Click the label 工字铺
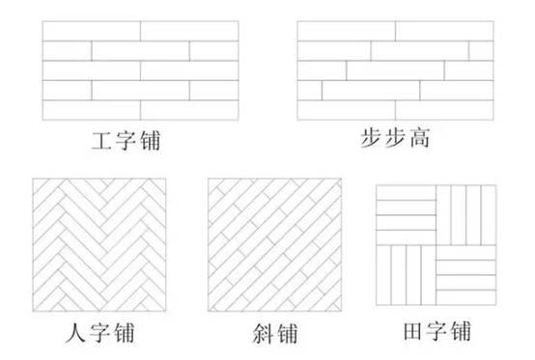click(x=121, y=144)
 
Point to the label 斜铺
click(x=272, y=334)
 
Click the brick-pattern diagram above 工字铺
click(x=140, y=70)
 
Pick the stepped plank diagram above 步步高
click(x=394, y=70)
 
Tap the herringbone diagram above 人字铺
click(x=102, y=248)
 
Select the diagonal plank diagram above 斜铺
click(x=272, y=248)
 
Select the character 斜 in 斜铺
click(x=257, y=334)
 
